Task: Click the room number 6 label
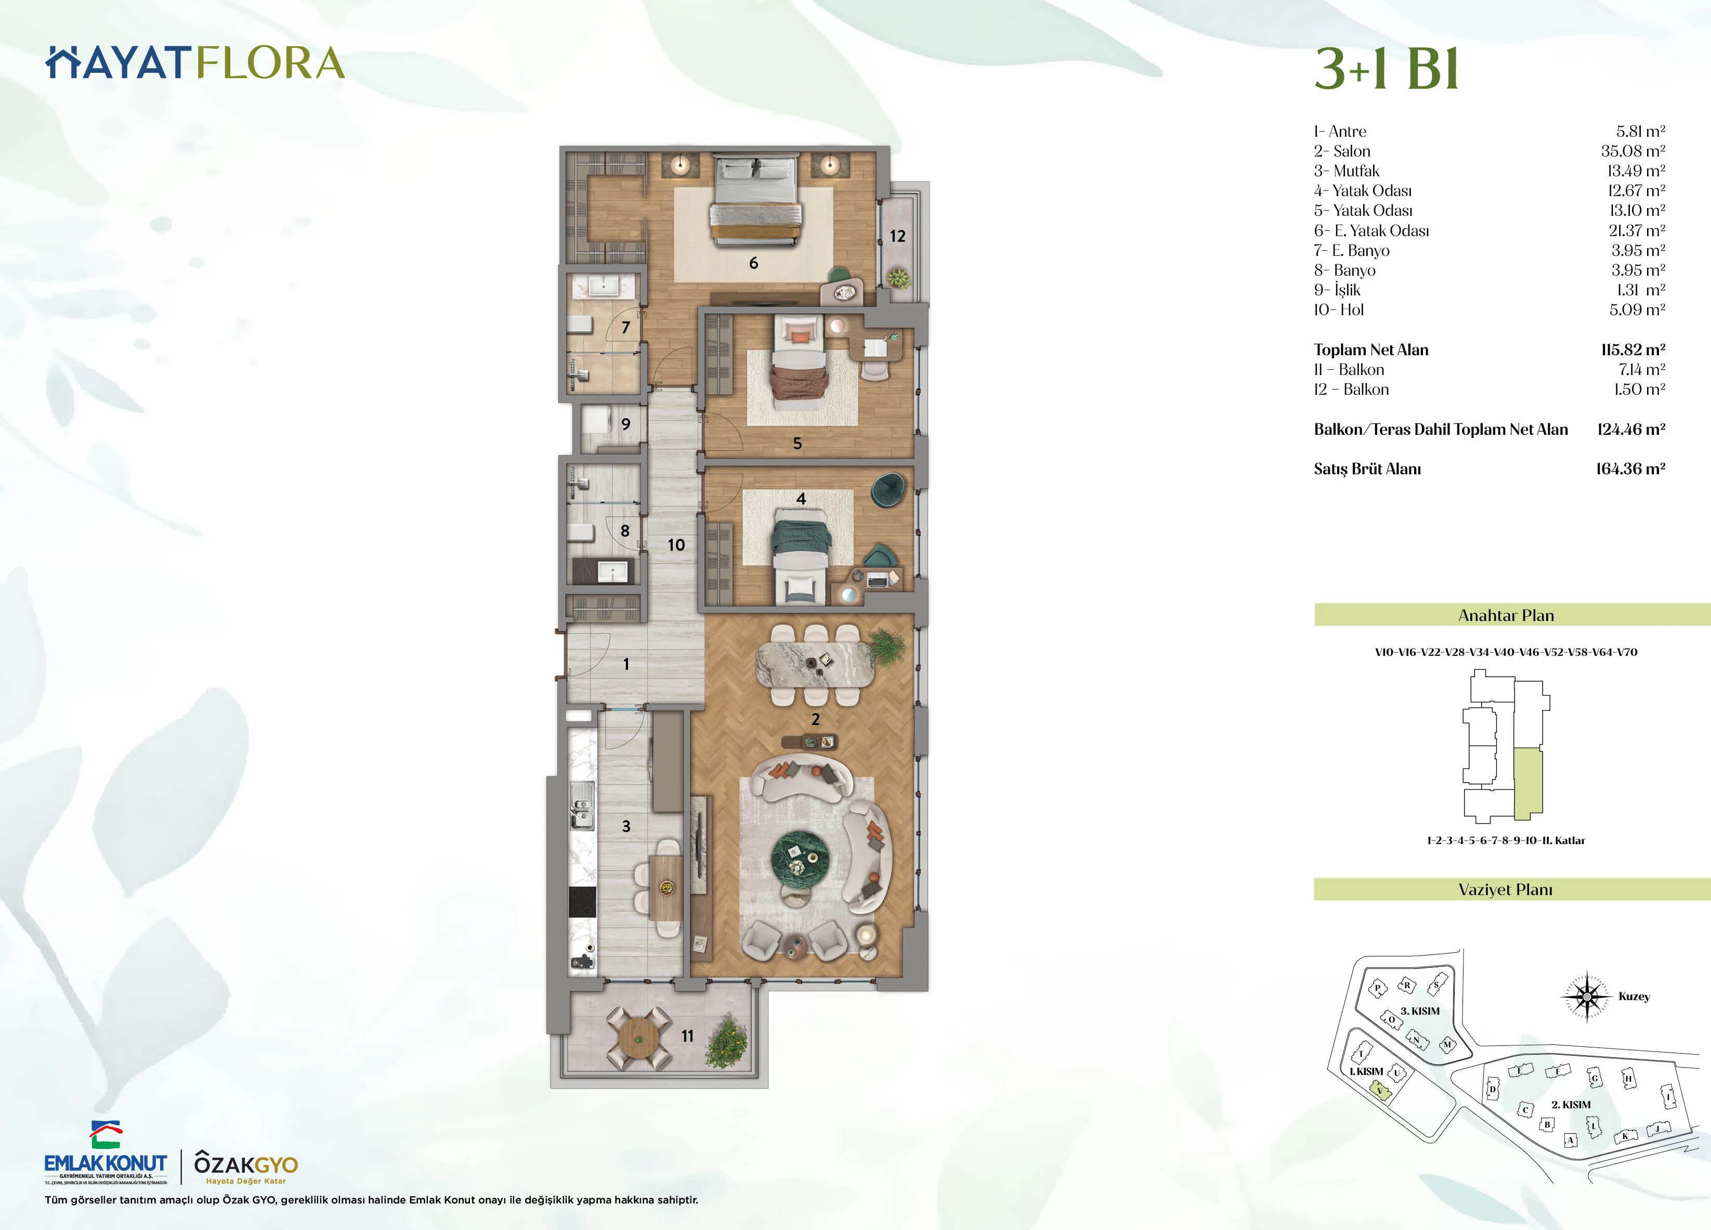coord(753,263)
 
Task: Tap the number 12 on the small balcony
coord(897,236)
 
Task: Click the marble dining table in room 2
coord(815,664)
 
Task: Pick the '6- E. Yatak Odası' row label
coord(1371,231)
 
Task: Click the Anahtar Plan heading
coord(1505,615)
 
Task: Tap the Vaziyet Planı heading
coord(1505,890)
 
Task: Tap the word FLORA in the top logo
coord(270,63)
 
